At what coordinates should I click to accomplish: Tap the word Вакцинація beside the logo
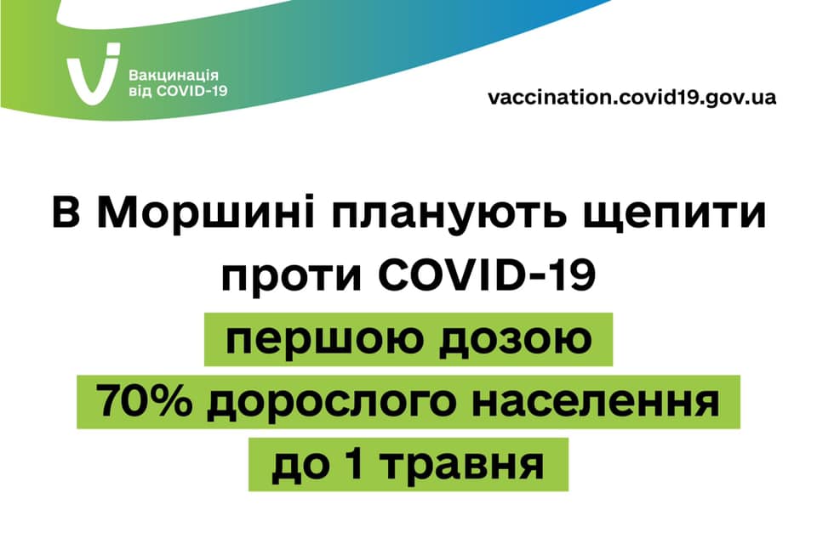pos(174,76)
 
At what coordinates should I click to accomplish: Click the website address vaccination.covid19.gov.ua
pos(632,98)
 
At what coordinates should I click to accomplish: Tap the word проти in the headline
pos(291,276)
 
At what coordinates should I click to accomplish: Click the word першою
pos(323,340)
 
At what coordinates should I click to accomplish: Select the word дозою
pos(516,340)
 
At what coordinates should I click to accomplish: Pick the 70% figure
pos(144,400)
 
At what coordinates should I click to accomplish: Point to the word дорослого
pos(331,403)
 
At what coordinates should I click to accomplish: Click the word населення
pos(596,402)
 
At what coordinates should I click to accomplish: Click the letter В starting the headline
pos(66,212)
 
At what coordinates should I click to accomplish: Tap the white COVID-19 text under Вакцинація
pos(191,91)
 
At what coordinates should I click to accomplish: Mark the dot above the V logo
pos(112,49)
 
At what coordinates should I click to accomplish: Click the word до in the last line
pos(300,465)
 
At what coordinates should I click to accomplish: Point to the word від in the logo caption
pos(140,91)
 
